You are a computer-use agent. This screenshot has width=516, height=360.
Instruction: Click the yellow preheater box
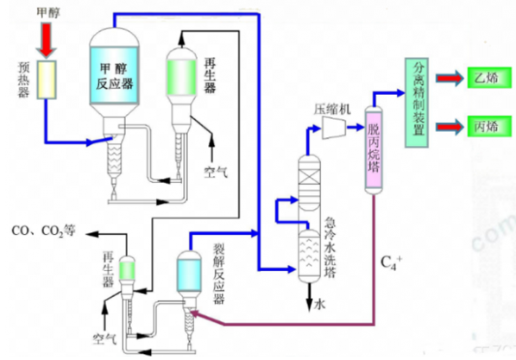pos(47,79)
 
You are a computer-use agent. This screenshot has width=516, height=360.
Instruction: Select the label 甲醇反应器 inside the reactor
pos(115,77)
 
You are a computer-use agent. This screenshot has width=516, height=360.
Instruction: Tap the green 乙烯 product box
pos(489,78)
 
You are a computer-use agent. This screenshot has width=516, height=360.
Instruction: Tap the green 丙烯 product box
pos(489,126)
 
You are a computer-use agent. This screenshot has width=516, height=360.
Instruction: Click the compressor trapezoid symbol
pos(334,127)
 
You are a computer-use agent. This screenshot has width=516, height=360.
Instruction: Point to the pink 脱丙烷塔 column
pos(374,150)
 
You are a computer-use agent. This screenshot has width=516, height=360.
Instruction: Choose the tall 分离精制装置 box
pos(417,103)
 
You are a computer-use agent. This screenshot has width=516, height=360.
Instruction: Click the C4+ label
pos(391,263)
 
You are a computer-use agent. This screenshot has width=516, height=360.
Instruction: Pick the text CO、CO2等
pos(44,231)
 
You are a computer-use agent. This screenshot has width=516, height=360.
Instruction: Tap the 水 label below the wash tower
pos(319,305)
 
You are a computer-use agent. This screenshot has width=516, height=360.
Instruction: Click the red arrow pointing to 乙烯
pos(450,79)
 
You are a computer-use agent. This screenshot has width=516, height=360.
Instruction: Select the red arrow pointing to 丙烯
pos(450,127)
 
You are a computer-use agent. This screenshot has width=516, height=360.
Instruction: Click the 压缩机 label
pos(332,110)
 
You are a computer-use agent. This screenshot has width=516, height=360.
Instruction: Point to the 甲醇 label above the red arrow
pos(48,13)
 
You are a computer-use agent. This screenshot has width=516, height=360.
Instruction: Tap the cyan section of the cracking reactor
pos(189,275)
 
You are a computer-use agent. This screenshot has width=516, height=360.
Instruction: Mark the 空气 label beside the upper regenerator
pos(216,172)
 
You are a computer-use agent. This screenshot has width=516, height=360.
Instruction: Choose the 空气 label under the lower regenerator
pos(104,338)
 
